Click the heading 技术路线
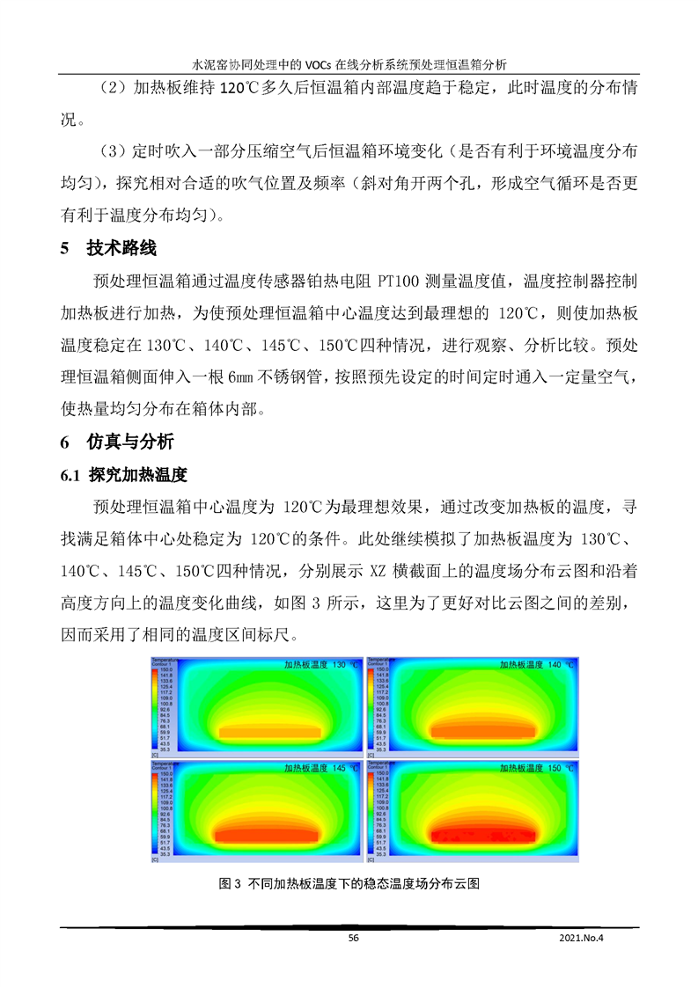coord(121,249)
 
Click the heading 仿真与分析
coord(130,442)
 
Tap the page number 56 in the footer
coord(354,938)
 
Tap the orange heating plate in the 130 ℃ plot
coord(270,731)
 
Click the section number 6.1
coord(70,476)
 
